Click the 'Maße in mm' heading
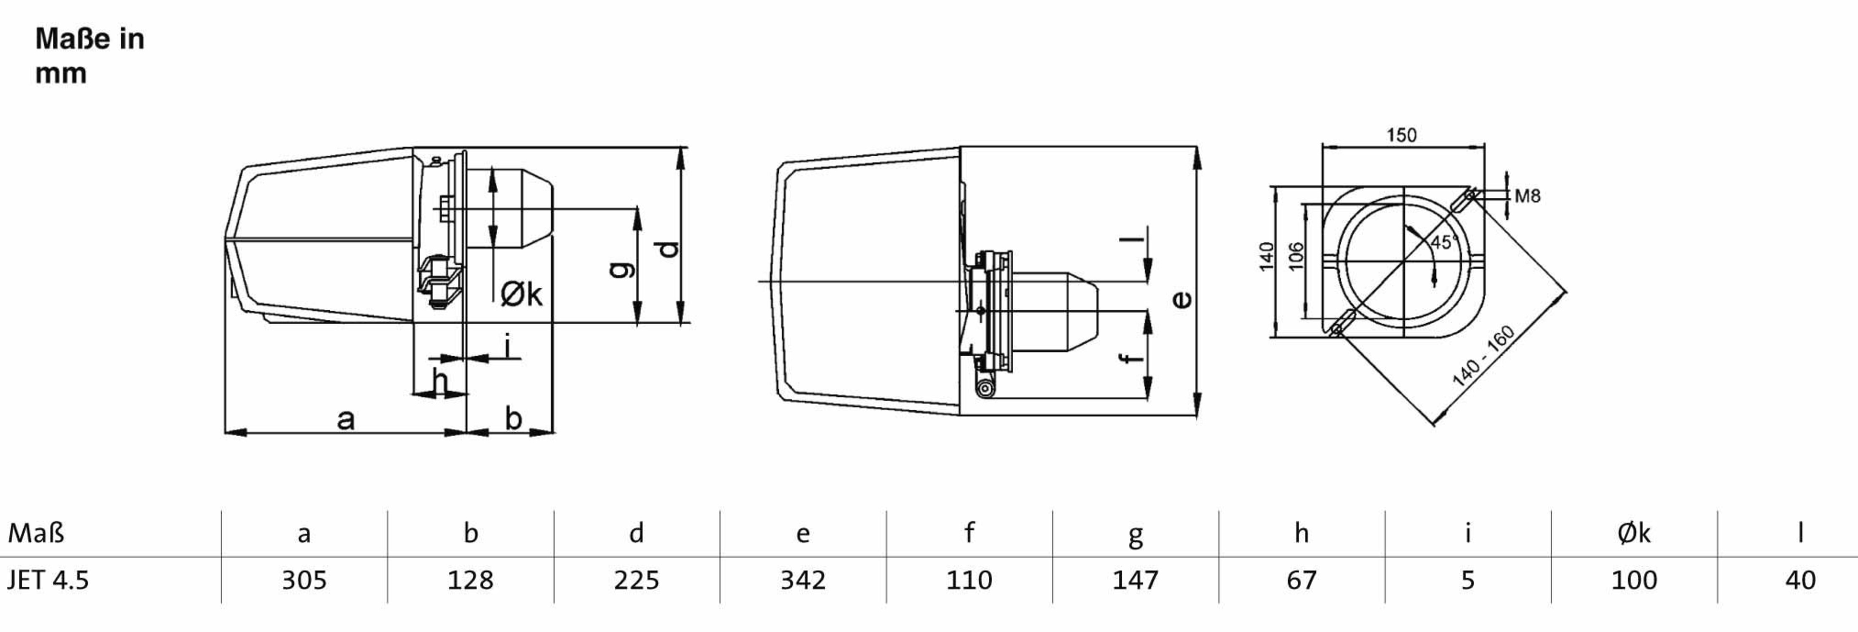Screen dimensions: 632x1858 click(90, 55)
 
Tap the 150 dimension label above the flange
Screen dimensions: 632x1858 click(1402, 135)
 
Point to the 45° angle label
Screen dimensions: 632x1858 click(1443, 242)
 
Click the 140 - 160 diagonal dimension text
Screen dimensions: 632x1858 click(1483, 357)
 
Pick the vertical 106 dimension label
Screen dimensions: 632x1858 click(1296, 256)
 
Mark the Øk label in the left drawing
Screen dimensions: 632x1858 click(521, 294)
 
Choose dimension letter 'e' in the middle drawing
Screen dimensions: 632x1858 click(1181, 299)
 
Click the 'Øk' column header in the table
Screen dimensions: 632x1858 click(1634, 533)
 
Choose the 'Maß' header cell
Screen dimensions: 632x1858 click(36, 533)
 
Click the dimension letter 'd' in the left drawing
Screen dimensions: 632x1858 click(669, 249)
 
